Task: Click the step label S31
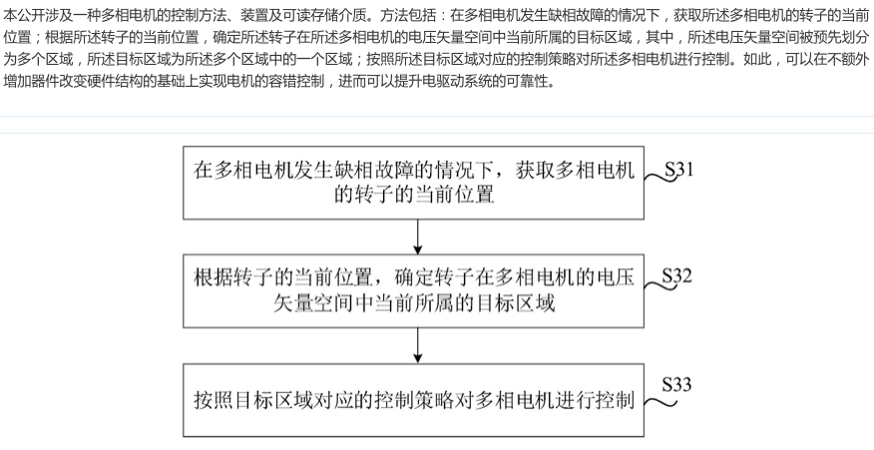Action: (x=679, y=170)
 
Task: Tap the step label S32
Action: (x=676, y=275)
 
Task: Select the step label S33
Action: (x=676, y=384)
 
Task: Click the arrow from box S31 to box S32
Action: (x=417, y=237)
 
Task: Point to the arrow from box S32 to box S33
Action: (x=417, y=345)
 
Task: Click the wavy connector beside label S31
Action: (x=659, y=178)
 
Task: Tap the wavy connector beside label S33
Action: (x=660, y=401)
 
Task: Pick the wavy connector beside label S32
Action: (x=659, y=285)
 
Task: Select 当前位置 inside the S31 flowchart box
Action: (x=454, y=195)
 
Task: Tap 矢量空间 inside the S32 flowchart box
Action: (x=313, y=303)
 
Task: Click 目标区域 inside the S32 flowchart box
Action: (x=515, y=303)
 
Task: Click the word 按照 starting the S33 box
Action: (x=215, y=400)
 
